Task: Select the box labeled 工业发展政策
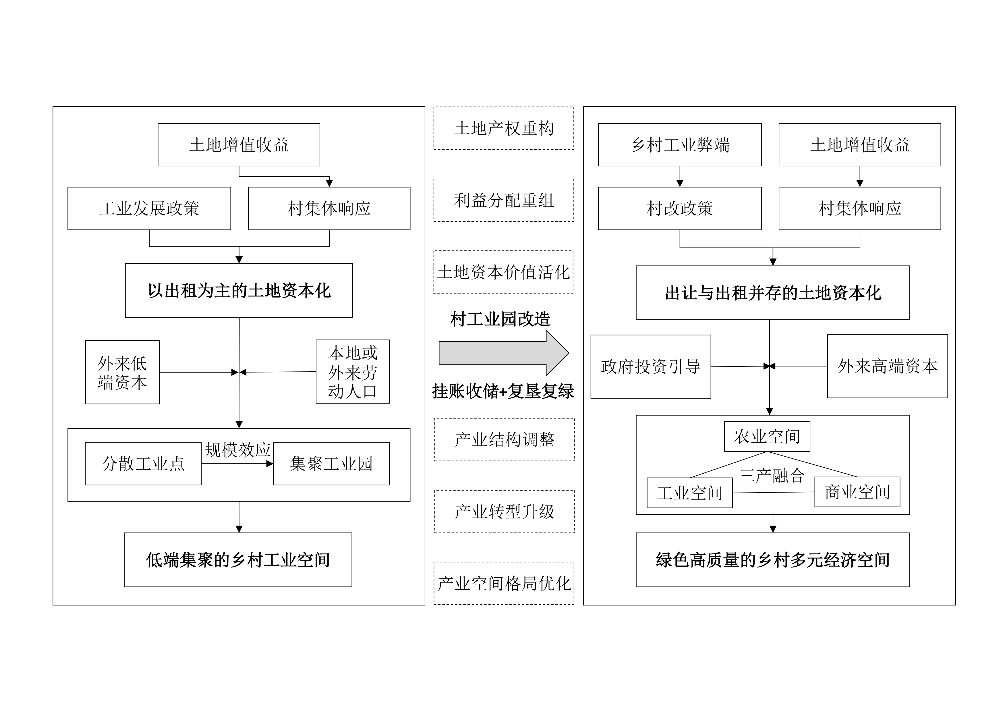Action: coord(149,209)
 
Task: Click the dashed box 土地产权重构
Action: coord(504,128)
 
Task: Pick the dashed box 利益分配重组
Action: coord(504,200)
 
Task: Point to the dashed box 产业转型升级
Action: coord(505,512)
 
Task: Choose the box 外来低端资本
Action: coord(122,372)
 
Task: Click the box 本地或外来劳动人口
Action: coord(353,372)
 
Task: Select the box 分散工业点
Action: coord(143,464)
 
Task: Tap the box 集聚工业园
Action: coord(331,464)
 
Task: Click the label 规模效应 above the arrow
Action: coord(237,450)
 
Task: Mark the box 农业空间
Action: coord(767,437)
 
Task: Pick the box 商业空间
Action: coord(857,492)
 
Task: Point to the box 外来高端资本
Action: coord(887,366)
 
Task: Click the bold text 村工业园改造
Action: coord(500,319)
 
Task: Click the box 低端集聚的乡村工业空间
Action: coord(238,560)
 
